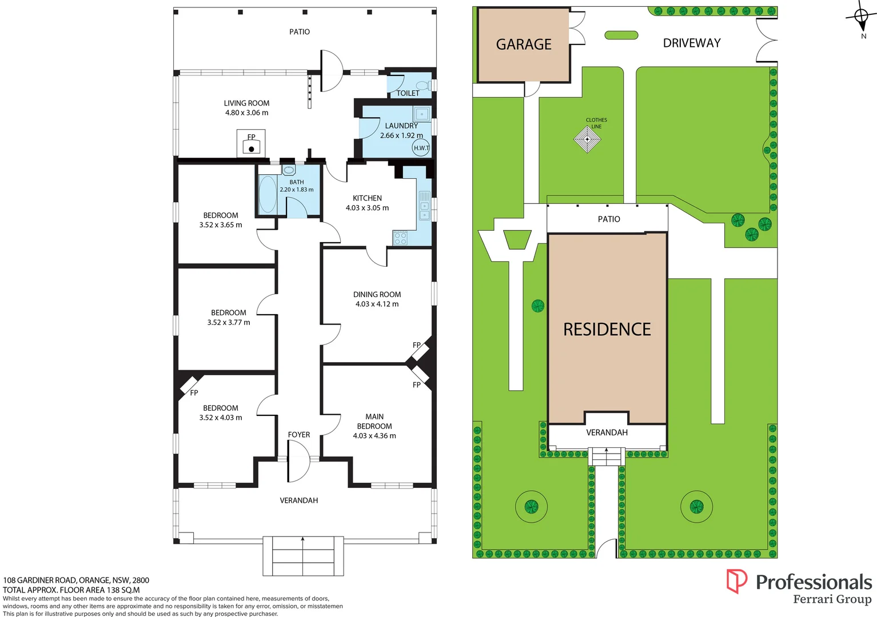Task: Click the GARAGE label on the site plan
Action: coord(524,45)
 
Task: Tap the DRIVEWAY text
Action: coord(691,43)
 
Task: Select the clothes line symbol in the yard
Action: coord(587,139)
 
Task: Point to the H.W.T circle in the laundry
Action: coord(421,148)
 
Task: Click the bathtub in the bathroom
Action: coord(267,194)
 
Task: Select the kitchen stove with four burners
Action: coord(400,238)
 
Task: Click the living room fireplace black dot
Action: coord(251,149)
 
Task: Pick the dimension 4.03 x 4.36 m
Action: coord(374,436)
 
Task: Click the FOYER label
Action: coord(299,435)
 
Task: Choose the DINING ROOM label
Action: coord(377,295)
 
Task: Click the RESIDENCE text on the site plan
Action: coord(607,330)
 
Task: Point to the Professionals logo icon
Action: coord(736,581)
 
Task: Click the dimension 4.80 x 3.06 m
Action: coord(246,113)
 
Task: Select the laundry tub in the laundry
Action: coord(422,114)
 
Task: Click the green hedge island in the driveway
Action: coord(621,35)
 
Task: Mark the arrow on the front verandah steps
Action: coord(302,539)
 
